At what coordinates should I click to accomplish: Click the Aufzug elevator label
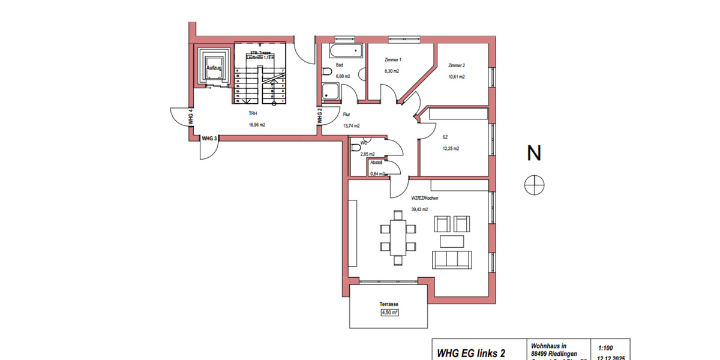[214, 68]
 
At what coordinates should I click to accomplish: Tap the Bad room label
[340, 65]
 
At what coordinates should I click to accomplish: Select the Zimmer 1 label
[392, 60]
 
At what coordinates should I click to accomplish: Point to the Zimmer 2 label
[457, 65]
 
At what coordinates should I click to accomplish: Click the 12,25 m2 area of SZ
[451, 148]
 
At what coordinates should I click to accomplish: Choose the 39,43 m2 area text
[419, 209]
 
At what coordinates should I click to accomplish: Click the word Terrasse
[389, 304]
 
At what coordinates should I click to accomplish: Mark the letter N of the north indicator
[533, 154]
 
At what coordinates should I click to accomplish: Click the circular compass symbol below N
[533, 185]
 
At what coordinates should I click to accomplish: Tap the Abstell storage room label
[376, 163]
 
